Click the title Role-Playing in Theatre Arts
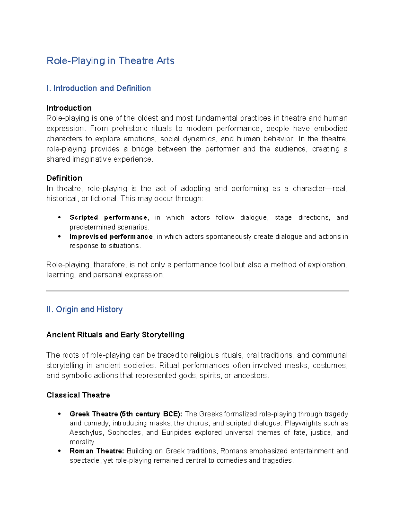pos(110,61)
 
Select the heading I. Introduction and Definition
pos(98,89)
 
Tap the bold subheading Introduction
pos(69,108)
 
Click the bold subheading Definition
pos(64,178)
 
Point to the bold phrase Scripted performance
pos(108,217)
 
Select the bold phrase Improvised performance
pos(111,237)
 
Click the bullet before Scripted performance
pos(59,217)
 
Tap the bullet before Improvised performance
pos(59,237)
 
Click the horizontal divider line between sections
pos(197,291)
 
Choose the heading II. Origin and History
pos(84,310)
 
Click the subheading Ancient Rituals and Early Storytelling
pos(115,335)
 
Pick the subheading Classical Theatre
pos(78,395)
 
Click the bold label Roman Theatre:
pos(97,451)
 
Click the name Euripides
pos(176,433)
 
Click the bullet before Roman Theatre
pos(59,451)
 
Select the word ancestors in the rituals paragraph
pos(250,376)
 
